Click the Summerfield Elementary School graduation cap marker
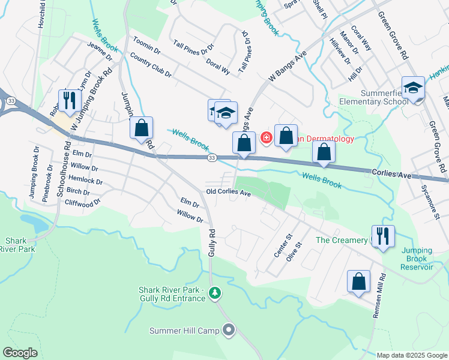pyautogui.click(x=413, y=89)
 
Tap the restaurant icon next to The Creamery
pyautogui.click(x=383, y=236)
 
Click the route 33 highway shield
pyautogui.click(x=212, y=157)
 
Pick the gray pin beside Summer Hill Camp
pyautogui.click(x=228, y=330)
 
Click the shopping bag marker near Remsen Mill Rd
pyautogui.click(x=358, y=282)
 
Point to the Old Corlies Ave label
pyautogui.click(x=228, y=193)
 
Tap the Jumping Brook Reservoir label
pyautogui.click(x=417, y=259)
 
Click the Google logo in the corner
pyautogui.click(x=20, y=353)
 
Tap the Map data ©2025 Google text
pyautogui.click(x=412, y=355)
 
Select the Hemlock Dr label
pyautogui.click(x=86, y=180)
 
